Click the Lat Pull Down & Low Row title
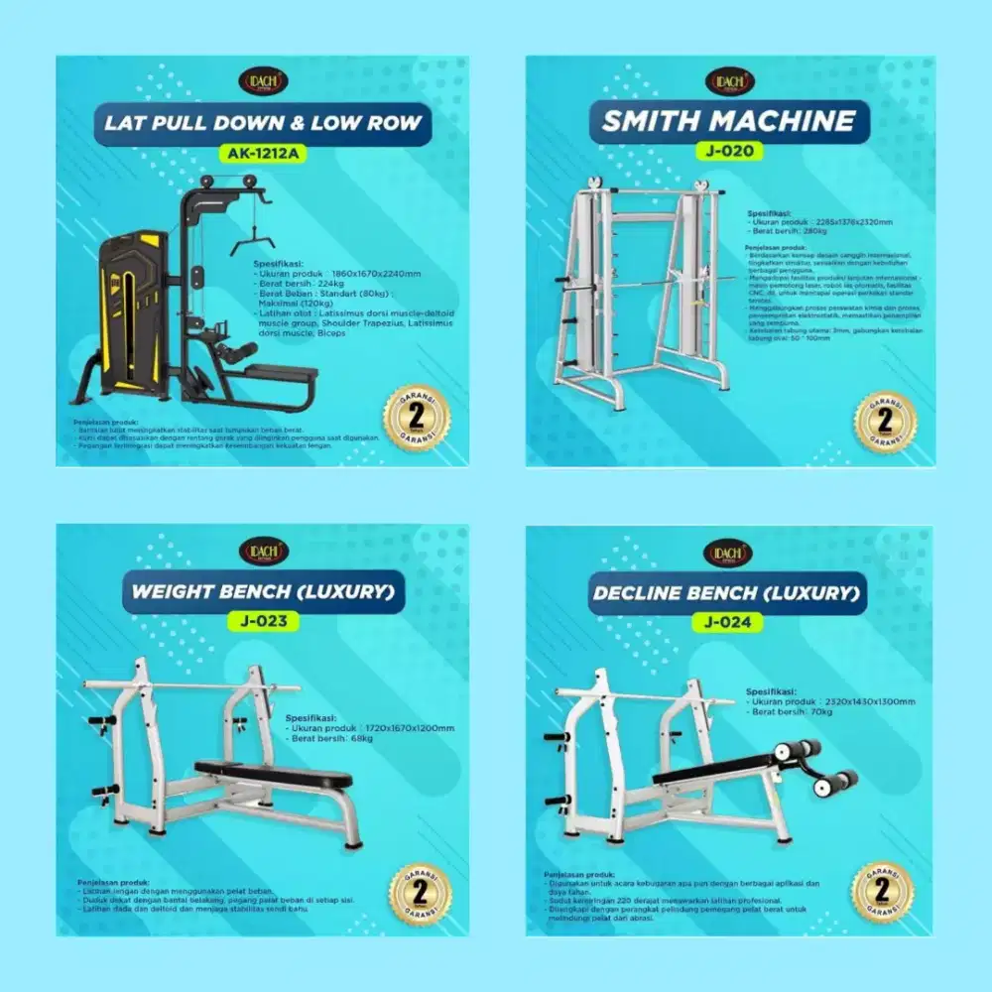pos(263,124)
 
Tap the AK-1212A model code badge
pos(263,154)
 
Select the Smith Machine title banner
pos(729,121)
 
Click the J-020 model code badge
pos(729,152)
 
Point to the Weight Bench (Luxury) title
pos(263,592)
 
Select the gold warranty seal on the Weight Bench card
pos(420,893)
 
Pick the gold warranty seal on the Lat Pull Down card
pos(417,417)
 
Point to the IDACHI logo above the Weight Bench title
pos(263,552)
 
